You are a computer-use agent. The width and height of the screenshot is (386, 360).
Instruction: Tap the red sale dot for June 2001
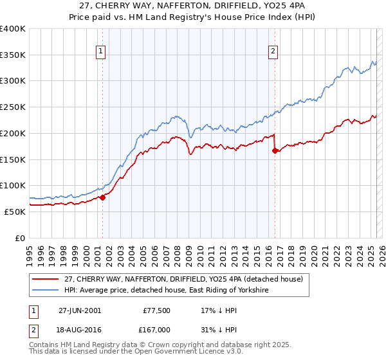coord(102,197)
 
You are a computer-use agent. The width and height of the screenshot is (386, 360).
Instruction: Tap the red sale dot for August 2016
coord(275,150)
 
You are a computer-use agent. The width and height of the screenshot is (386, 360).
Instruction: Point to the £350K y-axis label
coord(13,55)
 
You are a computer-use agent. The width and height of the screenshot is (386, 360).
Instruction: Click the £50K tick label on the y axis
coord(15,212)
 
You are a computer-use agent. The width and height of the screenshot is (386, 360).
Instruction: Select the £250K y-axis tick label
coord(13,107)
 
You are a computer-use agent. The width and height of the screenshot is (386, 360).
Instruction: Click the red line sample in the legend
coord(46,278)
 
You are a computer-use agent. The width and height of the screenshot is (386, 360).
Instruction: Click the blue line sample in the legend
coord(46,291)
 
